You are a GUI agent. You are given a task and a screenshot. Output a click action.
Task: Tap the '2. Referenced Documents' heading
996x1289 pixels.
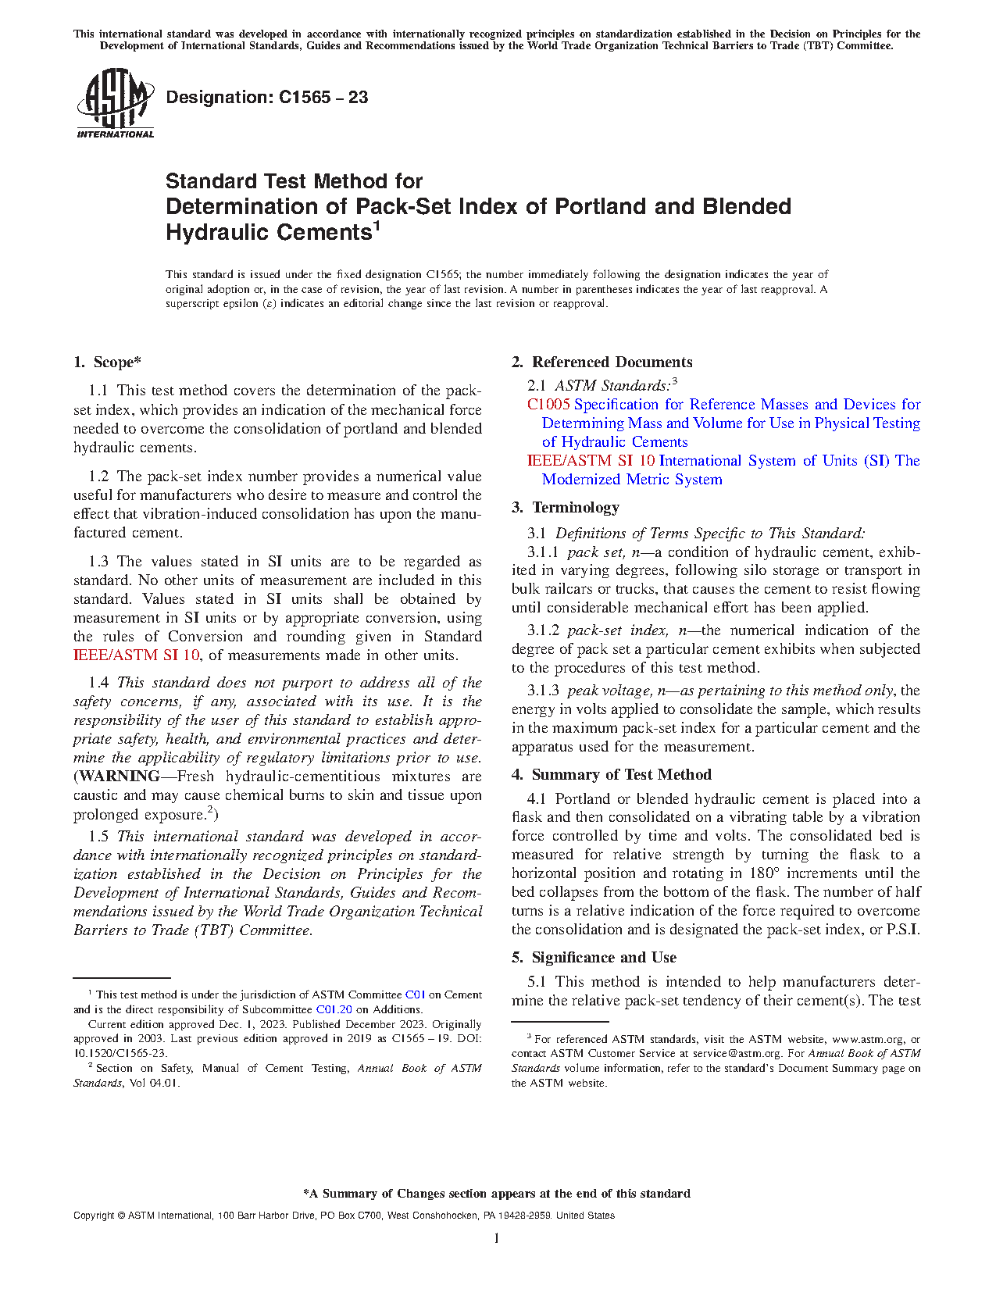(x=602, y=362)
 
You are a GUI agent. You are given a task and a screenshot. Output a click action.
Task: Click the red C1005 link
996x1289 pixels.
(x=548, y=405)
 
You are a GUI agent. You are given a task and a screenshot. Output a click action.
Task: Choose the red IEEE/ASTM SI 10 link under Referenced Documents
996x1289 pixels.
(x=591, y=461)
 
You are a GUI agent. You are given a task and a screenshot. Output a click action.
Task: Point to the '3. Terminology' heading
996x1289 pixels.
(x=565, y=508)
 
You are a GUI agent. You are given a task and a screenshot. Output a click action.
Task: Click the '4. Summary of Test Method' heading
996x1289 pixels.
(x=611, y=775)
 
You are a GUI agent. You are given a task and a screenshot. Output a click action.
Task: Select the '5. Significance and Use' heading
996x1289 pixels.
(x=594, y=958)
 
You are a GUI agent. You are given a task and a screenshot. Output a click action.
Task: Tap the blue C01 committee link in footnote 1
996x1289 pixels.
(x=415, y=995)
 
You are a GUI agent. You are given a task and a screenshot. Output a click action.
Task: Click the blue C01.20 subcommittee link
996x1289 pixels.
(x=334, y=1009)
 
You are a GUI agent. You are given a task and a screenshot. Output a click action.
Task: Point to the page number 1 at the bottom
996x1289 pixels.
(x=497, y=1238)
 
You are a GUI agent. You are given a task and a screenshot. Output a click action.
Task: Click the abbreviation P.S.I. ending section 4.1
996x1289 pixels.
(x=903, y=930)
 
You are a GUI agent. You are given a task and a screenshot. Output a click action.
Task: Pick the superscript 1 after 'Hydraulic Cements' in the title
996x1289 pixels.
(x=377, y=227)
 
